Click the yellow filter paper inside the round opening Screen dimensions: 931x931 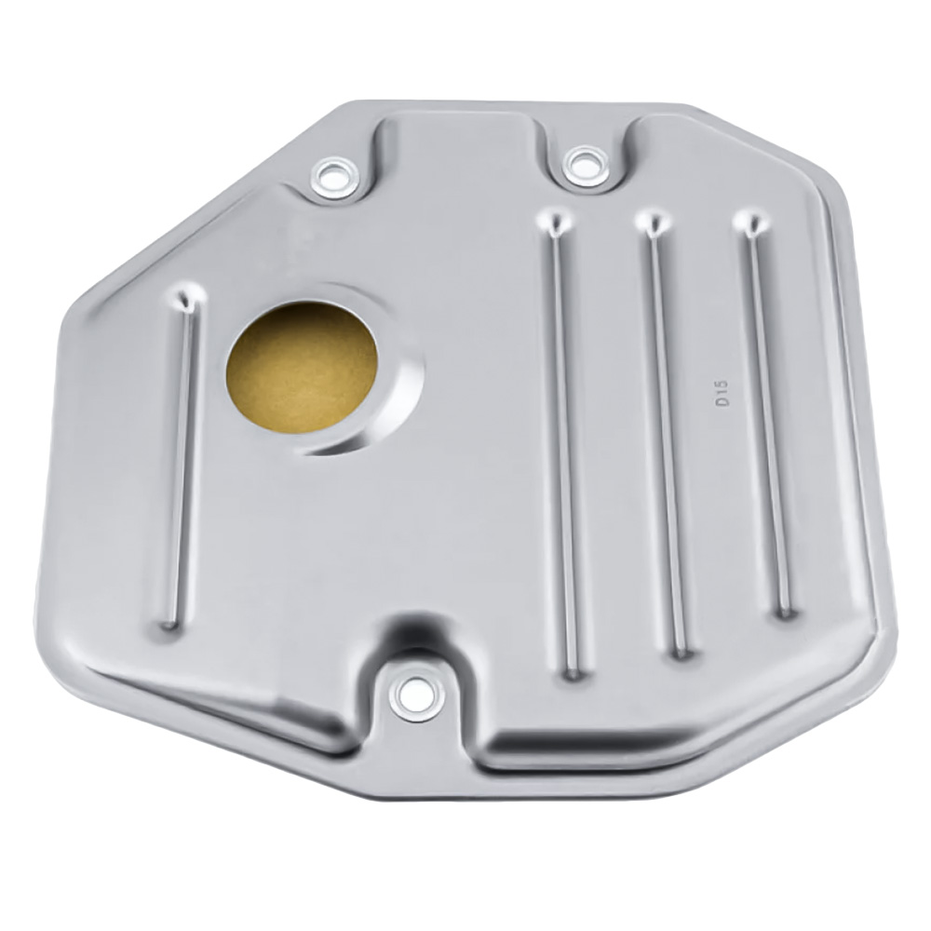coord(303,365)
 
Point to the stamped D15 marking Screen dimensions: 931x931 coord(722,394)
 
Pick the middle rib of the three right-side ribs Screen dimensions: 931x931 coord(668,437)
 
